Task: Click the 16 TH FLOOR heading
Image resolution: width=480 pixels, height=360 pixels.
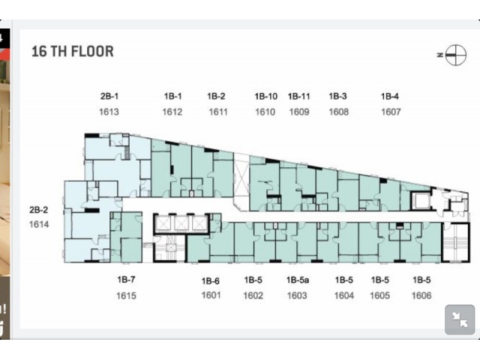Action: tap(73, 52)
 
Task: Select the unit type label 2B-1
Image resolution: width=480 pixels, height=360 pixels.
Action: tap(109, 96)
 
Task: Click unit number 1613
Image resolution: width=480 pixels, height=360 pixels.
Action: tap(109, 112)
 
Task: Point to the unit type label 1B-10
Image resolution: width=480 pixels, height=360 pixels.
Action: tap(266, 97)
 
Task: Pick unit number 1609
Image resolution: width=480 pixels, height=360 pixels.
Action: tap(299, 112)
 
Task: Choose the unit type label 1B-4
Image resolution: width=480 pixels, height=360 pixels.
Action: tap(390, 97)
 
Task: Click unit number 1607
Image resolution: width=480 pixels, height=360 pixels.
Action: tap(391, 112)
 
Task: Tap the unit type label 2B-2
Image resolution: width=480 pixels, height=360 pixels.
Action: tap(38, 210)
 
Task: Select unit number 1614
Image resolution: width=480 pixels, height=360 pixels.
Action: tap(39, 224)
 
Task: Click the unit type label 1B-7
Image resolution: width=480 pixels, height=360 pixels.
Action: tap(126, 280)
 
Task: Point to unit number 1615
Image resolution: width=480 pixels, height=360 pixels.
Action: tap(126, 295)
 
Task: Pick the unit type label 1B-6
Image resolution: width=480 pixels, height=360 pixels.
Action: tap(210, 280)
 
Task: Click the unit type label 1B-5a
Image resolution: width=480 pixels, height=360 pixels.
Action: tap(298, 280)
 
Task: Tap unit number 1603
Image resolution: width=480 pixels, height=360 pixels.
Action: tap(297, 295)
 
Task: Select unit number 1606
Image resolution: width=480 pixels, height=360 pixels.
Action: tap(421, 295)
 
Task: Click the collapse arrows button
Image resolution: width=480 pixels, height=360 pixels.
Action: tap(460, 319)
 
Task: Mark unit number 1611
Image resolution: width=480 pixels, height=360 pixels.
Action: tap(218, 112)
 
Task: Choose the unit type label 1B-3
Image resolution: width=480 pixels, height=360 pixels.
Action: tap(337, 97)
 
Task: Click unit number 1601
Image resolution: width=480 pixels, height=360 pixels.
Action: tap(211, 295)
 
